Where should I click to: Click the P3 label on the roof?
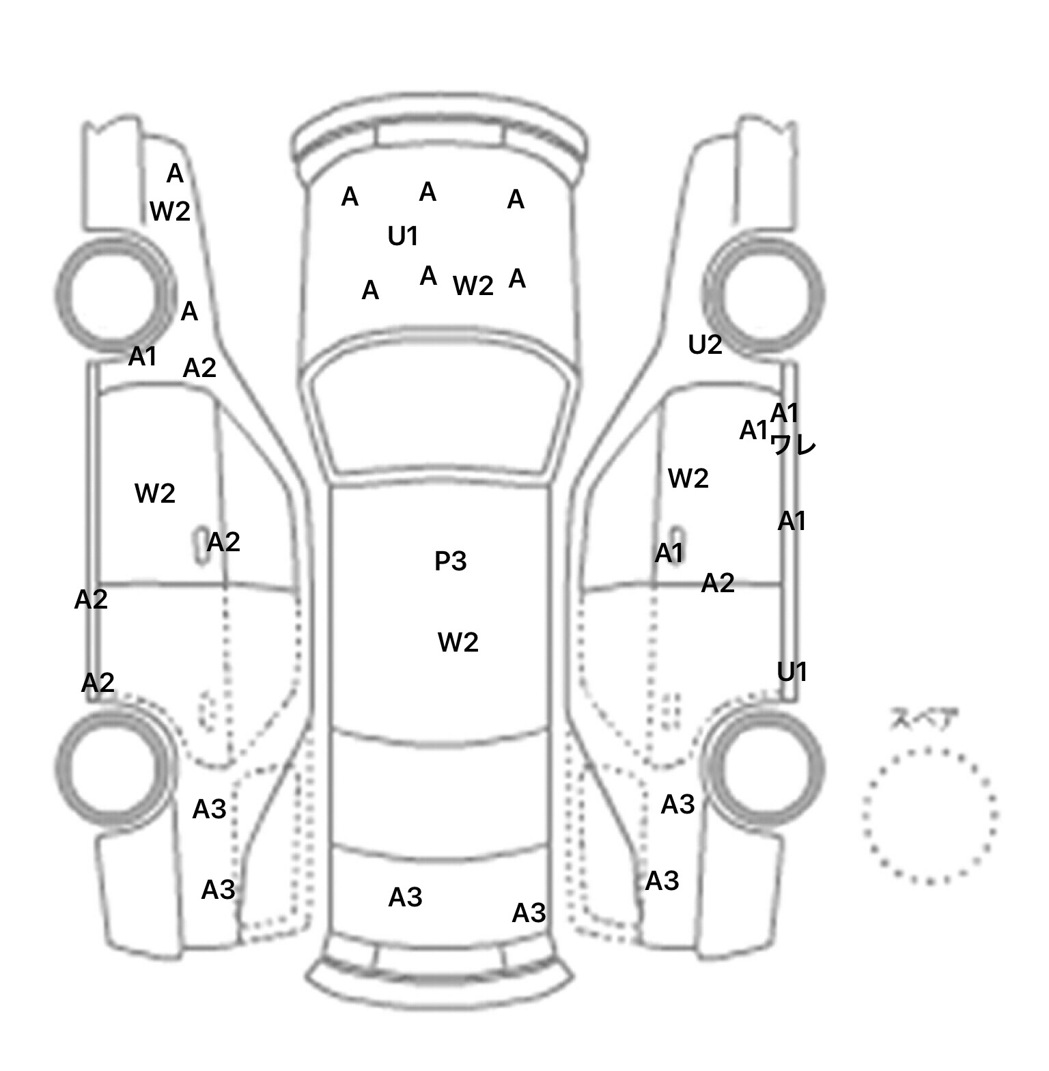pos(451,561)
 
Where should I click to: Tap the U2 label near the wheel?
pos(705,345)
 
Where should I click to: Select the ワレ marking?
pos(793,445)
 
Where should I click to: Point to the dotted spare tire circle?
pos(929,815)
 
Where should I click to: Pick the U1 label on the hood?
pos(403,236)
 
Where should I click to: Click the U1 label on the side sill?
pos(792,673)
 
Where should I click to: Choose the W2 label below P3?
pos(458,642)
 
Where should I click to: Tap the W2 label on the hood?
pos(473,286)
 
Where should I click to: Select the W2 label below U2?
pos(688,478)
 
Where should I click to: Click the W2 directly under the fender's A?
pos(170,211)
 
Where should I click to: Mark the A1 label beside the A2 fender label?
pos(143,356)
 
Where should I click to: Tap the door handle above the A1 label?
pos(676,536)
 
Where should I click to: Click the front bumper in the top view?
pos(439,140)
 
